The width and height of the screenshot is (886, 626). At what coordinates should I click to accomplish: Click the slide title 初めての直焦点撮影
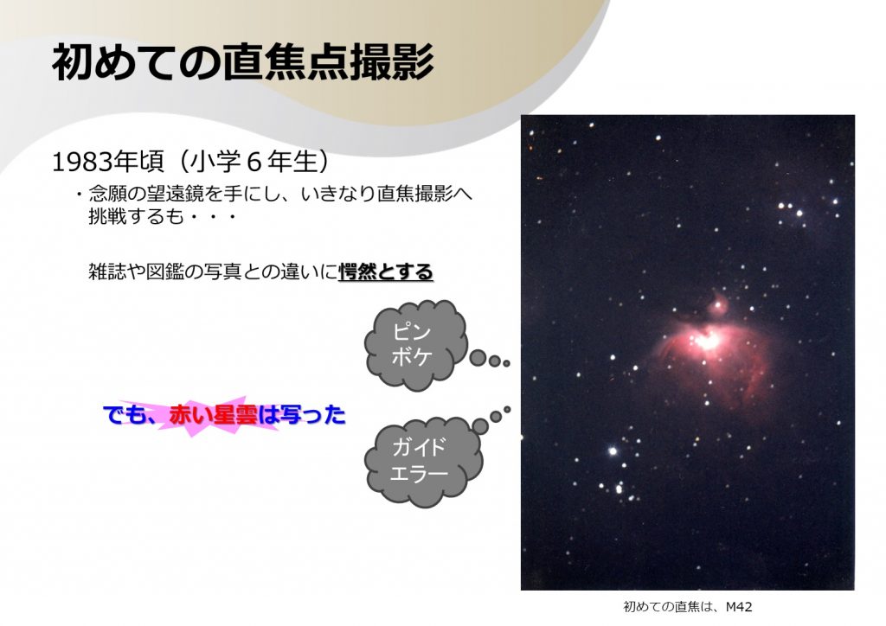[242, 62]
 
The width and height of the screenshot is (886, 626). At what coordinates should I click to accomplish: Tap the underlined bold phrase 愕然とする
[386, 271]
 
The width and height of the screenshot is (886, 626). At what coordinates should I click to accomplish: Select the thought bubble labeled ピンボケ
[416, 345]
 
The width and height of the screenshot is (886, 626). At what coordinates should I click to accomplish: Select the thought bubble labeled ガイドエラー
[423, 463]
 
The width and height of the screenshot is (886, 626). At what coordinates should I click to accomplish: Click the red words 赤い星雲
[213, 415]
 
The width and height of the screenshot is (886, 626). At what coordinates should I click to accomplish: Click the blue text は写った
[302, 415]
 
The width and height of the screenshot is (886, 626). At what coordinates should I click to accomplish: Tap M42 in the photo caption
[739, 607]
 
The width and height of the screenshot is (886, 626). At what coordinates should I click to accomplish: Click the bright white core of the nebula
[707, 341]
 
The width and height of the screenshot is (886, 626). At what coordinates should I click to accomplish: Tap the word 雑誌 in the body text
[107, 271]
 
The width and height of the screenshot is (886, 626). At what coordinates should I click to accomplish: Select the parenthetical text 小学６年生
[252, 162]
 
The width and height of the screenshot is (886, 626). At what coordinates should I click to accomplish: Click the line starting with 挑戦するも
[162, 217]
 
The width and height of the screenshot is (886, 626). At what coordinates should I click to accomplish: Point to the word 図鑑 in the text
[165, 271]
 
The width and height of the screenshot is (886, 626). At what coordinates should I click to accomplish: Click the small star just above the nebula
[719, 306]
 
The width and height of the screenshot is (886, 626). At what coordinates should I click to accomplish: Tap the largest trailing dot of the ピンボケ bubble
[478, 357]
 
